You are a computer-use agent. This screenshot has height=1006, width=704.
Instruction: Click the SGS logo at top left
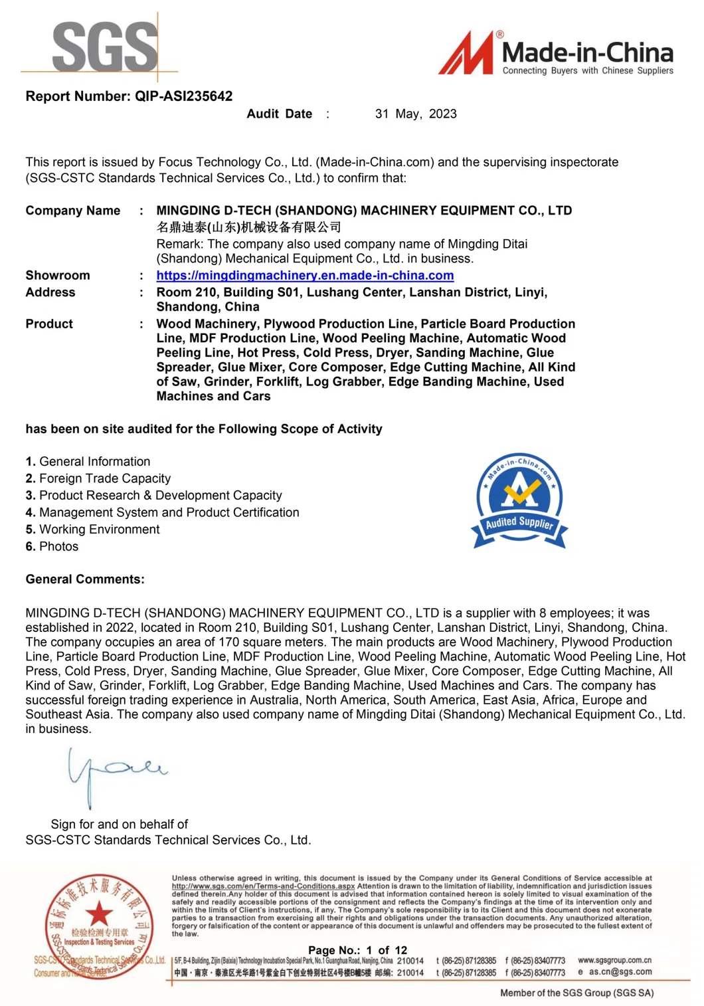[x=104, y=47]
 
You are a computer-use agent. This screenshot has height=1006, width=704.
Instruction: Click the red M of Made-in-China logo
[x=467, y=54]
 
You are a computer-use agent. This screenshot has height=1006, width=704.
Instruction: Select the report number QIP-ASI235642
[x=184, y=96]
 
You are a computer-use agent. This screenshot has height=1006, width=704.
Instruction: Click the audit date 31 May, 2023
[x=416, y=114]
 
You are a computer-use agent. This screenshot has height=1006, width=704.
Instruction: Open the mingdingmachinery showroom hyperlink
[x=305, y=275]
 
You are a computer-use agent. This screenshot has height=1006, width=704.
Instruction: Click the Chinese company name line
[x=248, y=227]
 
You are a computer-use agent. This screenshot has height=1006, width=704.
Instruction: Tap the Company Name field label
[x=73, y=211]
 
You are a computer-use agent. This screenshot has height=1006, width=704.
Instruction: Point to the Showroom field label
[x=58, y=275]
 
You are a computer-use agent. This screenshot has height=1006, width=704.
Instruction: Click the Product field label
[x=49, y=324]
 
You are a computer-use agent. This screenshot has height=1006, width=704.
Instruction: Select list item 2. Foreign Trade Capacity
[x=98, y=478]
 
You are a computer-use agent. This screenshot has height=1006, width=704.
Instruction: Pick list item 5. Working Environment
[x=93, y=530]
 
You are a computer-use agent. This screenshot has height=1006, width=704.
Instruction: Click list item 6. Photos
[x=52, y=546]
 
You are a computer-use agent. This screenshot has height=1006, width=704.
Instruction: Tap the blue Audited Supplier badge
[x=519, y=502]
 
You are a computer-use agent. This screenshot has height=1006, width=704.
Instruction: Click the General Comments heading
[x=85, y=579]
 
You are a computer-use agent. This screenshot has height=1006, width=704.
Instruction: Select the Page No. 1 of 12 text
[x=357, y=950]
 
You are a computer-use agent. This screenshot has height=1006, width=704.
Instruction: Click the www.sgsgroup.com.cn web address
[x=614, y=960]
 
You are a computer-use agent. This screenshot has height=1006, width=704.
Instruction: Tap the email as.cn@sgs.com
[x=620, y=971]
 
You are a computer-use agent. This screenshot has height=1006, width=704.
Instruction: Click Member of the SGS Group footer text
[x=576, y=993]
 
